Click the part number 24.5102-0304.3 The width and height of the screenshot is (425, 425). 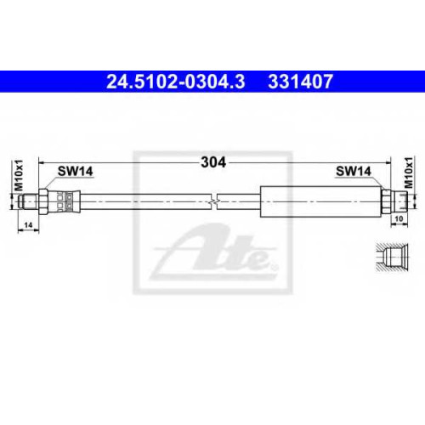(176, 82)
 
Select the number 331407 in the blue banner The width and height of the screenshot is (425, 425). (300, 82)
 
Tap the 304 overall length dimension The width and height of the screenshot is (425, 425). (213, 162)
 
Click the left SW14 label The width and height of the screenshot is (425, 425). (76, 172)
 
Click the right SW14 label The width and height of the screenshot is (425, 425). (354, 171)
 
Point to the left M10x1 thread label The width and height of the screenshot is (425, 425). (19, 175)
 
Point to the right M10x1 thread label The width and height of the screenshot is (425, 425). (409, 173)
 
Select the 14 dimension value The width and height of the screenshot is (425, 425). (28, 225)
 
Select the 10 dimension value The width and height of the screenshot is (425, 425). (399, 218)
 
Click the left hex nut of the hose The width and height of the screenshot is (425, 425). (43, 201)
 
